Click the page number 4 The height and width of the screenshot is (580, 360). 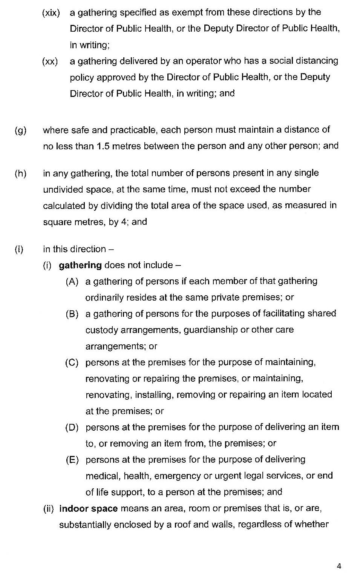tap(339, 566)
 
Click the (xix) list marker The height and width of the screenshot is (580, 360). tap(51, 13)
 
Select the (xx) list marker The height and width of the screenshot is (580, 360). tap(50, 61)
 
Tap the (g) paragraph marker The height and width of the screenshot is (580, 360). tap(20, 130)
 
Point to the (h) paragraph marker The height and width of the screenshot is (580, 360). tap(20, 173)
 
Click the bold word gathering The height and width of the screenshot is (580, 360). tap(80, 265)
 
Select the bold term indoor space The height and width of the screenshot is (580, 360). tap(89, 508)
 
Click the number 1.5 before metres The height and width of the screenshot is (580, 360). tap(103, 146)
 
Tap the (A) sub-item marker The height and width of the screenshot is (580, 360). tap(72, 281)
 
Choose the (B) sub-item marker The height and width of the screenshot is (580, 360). tap(72, 314)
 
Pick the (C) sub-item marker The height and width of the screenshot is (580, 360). tap(72, 363)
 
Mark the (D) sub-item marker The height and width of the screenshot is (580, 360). tap(72, 428)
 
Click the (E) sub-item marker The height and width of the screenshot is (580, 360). tap(72, 460)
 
